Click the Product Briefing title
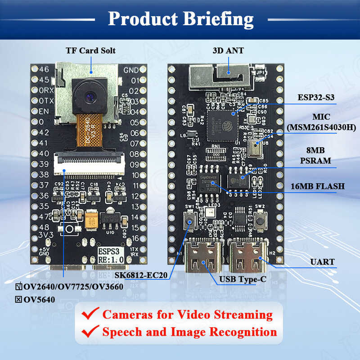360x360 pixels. tap(180, 19)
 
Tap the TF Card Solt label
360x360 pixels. tap(90, 50)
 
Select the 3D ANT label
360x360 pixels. tap(228, 50)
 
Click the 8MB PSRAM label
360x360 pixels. tap(321, 156)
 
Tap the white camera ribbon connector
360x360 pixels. tap(88, 163)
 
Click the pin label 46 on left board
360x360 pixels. tap(44, 70)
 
